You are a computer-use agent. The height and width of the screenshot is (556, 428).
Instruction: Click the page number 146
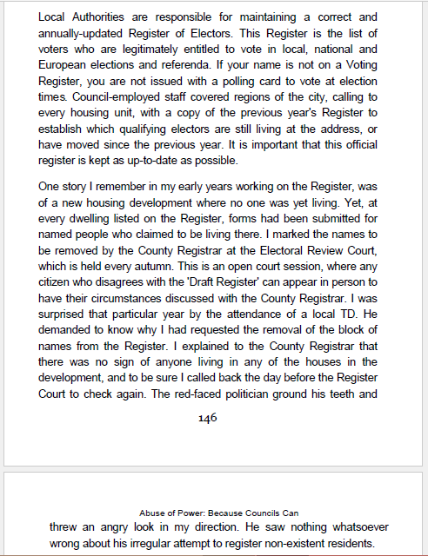[207, 418]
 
